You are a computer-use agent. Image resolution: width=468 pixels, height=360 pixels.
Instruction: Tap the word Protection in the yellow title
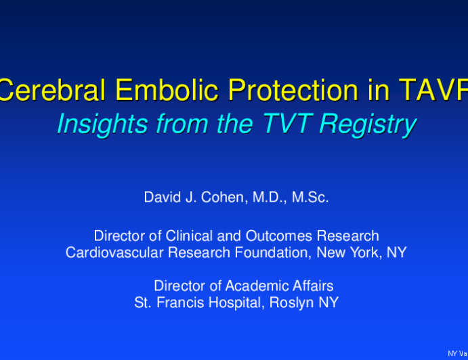[x=293, y=90]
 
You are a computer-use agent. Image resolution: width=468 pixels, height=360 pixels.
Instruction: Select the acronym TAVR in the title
[x=433, y=90]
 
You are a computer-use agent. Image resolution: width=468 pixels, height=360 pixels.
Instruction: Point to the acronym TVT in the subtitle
[x=287, y=123]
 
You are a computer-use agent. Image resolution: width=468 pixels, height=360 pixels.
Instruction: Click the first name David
[x=163, y=197]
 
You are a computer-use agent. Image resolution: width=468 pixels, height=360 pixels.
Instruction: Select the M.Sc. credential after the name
[x=310, y=197]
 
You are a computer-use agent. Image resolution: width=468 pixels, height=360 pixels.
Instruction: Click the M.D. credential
[x=270, y=198]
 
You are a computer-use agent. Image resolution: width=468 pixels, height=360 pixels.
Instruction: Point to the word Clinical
[x=189, y=236]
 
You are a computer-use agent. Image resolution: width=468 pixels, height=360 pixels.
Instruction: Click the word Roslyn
[x=292, y=303]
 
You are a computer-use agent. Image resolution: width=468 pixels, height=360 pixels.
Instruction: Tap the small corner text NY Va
[x=458, y=353]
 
